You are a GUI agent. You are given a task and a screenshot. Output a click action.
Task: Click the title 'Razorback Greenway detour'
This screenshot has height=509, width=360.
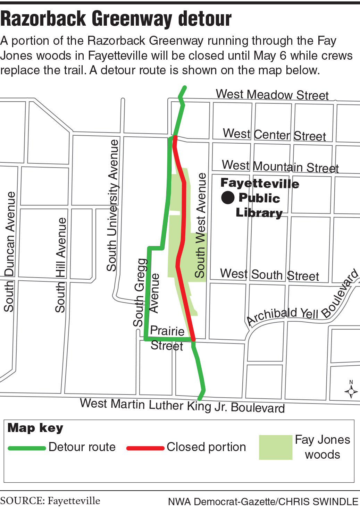tap(116, 19)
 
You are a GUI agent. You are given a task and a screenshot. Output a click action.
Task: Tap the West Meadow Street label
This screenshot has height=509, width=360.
tap(272, 94)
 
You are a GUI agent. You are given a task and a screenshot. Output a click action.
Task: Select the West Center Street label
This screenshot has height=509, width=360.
tap(274, 135)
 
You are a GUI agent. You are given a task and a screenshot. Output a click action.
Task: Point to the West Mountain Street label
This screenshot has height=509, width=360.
tap(280, 166)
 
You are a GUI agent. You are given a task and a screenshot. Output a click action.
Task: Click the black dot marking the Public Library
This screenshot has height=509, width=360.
tap(228, 197)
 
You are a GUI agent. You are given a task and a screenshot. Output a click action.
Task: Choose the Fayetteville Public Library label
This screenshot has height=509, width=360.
tap(260, 198)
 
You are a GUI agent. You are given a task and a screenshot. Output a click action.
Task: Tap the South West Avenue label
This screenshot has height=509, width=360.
tap(201, 225)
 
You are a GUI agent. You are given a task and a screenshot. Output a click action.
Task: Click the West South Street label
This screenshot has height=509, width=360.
tap(269, 275)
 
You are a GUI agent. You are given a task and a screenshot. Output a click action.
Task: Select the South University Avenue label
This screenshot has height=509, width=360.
tap(112, 205)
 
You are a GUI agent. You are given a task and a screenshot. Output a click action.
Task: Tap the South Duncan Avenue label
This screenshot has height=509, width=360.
tap(9, 251)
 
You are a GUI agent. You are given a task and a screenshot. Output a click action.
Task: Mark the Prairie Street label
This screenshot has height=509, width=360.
tap(167, 338)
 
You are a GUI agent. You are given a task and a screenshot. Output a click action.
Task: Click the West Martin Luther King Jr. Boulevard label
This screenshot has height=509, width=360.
tap(182, 405)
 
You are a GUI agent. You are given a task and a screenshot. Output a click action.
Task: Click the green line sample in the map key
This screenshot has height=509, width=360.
tap(27, 448)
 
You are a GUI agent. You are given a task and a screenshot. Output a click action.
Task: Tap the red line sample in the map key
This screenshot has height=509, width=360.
tap(145, 448)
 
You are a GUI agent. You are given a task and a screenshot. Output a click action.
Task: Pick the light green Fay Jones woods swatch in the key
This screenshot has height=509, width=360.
tap(276, 447)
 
